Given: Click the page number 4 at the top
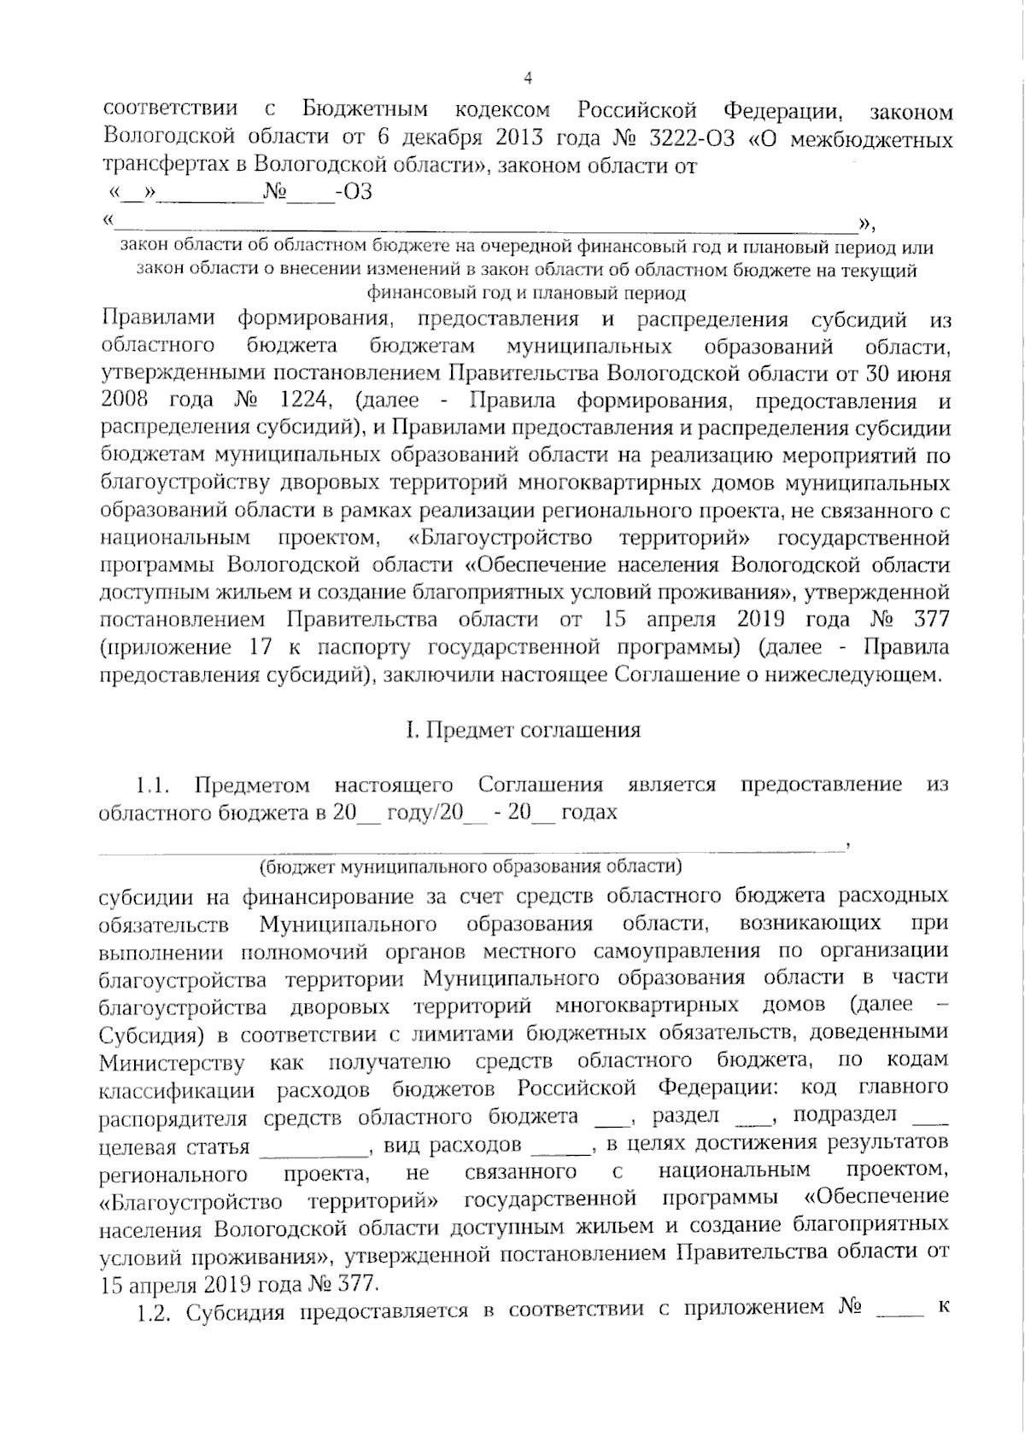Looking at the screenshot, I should pyautogui.click(x=527, y=79).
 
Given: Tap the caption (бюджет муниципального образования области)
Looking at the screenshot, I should pyautogui.click(x=471, y=866).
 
